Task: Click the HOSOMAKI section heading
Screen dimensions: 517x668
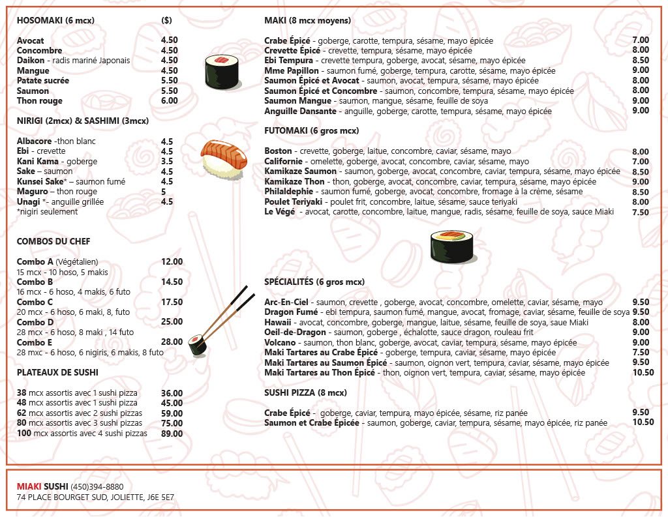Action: (55, 21)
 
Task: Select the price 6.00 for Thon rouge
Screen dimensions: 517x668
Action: (169, 101)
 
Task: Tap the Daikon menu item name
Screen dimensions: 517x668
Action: (30, 61)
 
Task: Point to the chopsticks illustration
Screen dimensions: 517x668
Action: (225, 313)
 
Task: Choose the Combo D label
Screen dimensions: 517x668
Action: (35, 323)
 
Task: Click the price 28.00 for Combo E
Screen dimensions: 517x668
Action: (172, 342)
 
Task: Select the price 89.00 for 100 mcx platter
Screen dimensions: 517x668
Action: (172, 434)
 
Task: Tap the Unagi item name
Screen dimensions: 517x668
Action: (29, 202)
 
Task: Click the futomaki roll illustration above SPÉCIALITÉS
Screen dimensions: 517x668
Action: (451, 246)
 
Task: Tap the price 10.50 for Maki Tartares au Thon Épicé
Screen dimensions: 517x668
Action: (643, 373)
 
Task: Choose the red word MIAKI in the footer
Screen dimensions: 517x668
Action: (29, 487)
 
